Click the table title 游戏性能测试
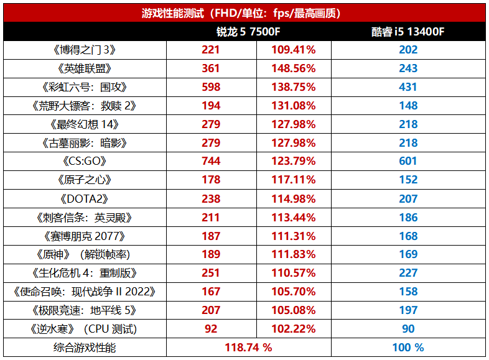244,11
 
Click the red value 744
211,161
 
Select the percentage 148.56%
293,68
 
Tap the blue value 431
408,87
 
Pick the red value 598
211,87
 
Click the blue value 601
408,161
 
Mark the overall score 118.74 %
248,347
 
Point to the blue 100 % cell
408,347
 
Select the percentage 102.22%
293,328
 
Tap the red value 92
211,328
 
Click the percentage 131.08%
293,106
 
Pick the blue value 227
408,273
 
